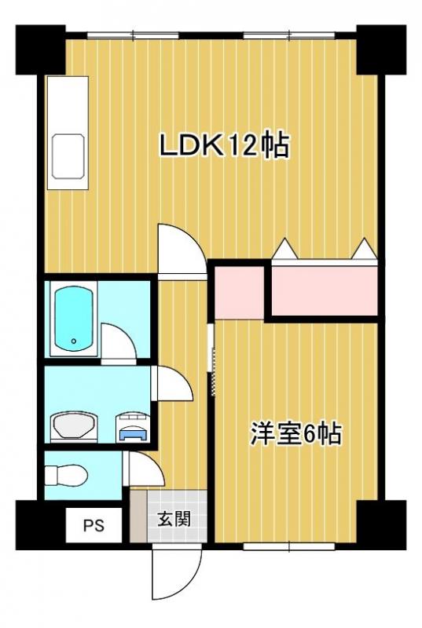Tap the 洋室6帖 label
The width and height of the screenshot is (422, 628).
pyautogui.click(x=295, y=433)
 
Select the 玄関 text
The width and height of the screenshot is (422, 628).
pyautogui.click(x=171, y=519)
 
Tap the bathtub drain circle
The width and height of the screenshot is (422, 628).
pyautogui.click(x=73, y=341)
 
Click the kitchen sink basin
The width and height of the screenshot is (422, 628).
pyautogui.click(x=68, y=156)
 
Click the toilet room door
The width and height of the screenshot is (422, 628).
pyautogui.click(x=146, y=472)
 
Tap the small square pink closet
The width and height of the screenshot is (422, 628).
pyautogui.click(x=239, y=291)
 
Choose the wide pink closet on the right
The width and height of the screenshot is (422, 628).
pyautogui.click(x=325, y=289)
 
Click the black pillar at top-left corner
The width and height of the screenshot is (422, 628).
pyautogui.click(x=40, y=49)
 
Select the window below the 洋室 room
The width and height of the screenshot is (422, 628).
pyautogui.click(x=290, y=545)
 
